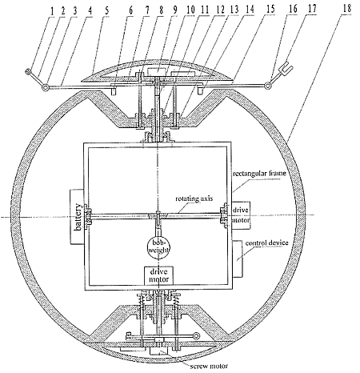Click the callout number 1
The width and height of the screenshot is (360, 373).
pyautogui.click(x=53, y=11)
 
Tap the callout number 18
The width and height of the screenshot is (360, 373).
pyautogui.click(x=346, y=9)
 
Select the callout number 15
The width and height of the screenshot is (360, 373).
pyautogui.click(x=270, y=10)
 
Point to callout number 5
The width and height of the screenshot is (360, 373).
pyautogui.click(x=106, y=10)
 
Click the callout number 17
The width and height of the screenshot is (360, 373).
pyautogui.click(x=312, y=9)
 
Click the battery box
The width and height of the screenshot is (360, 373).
pyautogui.click(x=78, y=217)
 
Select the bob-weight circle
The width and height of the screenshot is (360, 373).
pyautogui.click(x=159, y=247)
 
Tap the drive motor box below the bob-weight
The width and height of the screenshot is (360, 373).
pyautogui.click(x=158, y=275)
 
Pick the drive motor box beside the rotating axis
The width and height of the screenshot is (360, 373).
pyautogui.click(x=241, y=215)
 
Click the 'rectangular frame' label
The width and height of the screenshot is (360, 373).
pyautogui.click(x=260, y=174)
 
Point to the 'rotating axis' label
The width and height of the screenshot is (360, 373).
pyautogui.click(x=194, y=199)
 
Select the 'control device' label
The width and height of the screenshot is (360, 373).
pyautogui.click(x=266, y=243)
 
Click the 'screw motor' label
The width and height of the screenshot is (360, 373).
pyautogui.click(x=209, y=366)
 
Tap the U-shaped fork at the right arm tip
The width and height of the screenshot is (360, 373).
pyautogui.click(x=286, y=67)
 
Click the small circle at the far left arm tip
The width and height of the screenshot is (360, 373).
pyautogui.click(x=27, y=71)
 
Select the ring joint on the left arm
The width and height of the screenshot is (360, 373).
pyautogui.click(x=45, y=87)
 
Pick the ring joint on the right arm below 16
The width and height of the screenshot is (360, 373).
pyautogui.click(x=267, y=86)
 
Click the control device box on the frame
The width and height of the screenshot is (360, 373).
pyautogui.click(x=238, y=259)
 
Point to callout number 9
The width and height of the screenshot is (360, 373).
pyautogui.click(x=175, y=10)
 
